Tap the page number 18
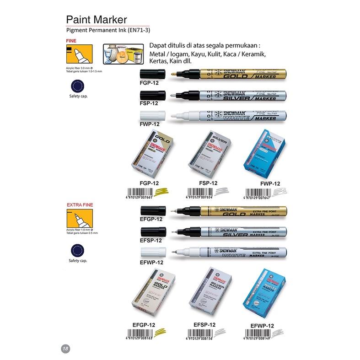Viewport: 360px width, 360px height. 64,349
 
